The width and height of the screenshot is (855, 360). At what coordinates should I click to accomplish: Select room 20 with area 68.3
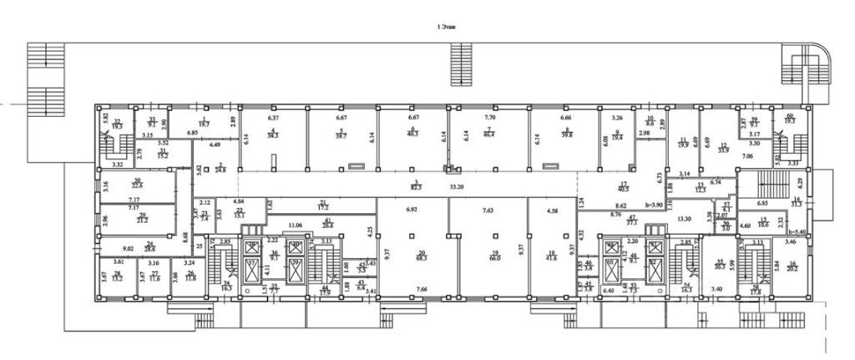pyautogui.click(x=422, y=255)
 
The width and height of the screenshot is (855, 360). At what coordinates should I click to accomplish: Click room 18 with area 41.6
pyautogui.click(x=551, y=255)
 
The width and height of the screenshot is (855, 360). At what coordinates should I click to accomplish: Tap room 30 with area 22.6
pyautogui.click(x=138, y=184)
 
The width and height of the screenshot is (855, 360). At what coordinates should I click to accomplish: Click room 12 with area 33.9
pyautogui.click(x=723, y=149)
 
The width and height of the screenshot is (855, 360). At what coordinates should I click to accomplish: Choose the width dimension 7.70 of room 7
pyautogui.click(x=489, y=119)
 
